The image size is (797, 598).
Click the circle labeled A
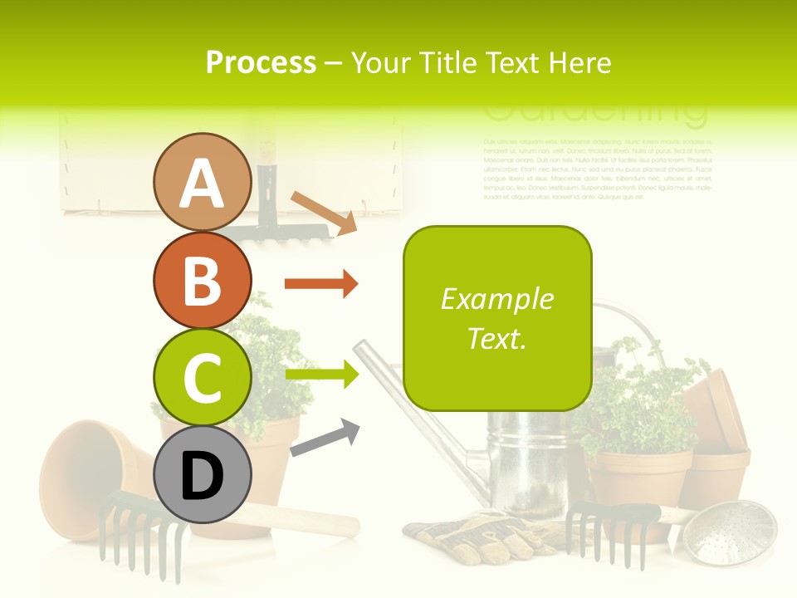202,182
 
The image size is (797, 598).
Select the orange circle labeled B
202,280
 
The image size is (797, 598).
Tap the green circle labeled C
202,377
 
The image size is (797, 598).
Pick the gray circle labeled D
202,474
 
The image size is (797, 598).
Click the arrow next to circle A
324,212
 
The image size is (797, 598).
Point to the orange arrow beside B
321,284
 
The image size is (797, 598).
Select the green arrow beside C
321,375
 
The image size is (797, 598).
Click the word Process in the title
261,62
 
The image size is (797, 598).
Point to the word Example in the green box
497,299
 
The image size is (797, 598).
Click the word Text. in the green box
497,338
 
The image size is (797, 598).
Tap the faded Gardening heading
595,112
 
